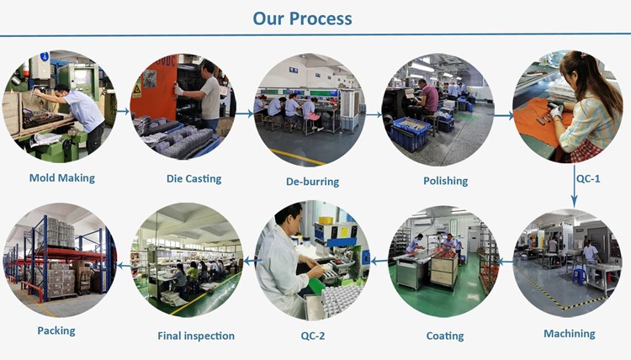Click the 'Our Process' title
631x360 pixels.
pos(302,18)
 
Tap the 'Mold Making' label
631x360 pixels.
pos(61,177)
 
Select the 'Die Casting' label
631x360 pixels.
pos(194,178)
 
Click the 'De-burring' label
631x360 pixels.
pos(312,181)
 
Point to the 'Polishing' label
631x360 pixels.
pos(445,180)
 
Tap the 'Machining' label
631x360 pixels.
pos(569,334)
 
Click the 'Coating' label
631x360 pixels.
pos(444,336)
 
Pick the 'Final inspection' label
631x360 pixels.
pos(196,336)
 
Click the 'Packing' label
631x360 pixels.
pos(56,331)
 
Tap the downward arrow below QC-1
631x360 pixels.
pos(574,198)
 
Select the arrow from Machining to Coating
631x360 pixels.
pos(504,262)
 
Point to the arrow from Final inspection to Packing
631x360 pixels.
pos(124,265)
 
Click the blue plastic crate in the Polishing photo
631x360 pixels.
pos(410,133)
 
